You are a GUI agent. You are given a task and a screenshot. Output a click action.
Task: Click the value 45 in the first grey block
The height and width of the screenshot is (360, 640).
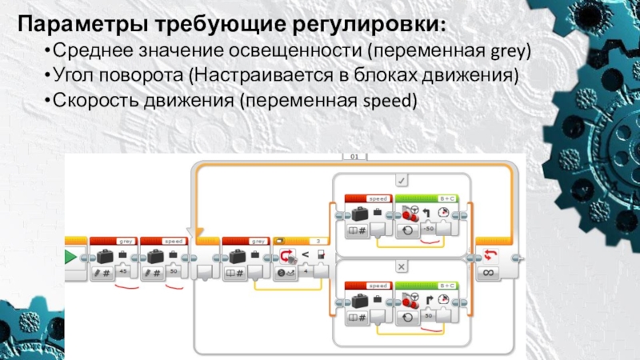pos(123,272)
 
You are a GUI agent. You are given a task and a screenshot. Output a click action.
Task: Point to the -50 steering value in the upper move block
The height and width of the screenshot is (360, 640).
pos(429,229)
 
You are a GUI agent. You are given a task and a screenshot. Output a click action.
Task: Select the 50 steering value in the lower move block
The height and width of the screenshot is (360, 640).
pos(429,315)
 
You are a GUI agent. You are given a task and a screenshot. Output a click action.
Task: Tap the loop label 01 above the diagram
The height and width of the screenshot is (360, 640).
pos(354,158)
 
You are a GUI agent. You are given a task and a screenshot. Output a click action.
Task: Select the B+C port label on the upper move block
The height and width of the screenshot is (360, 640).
pos(446,197)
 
